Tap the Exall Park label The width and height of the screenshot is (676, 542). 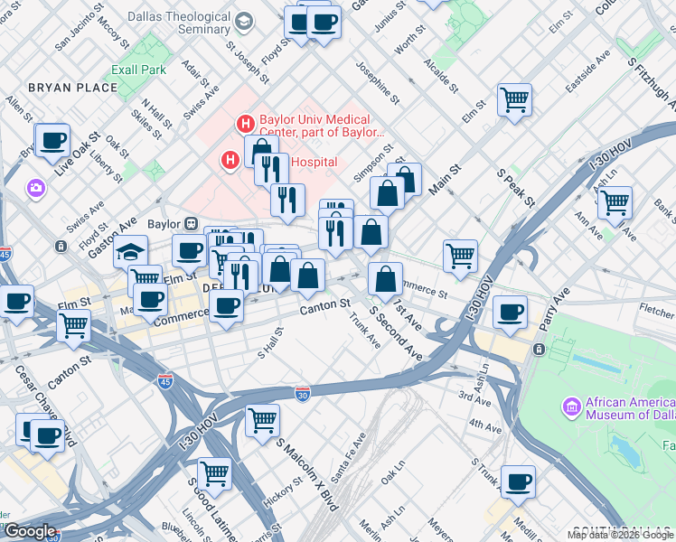pos(138,69)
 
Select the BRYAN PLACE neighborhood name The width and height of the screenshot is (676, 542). pos(73,88)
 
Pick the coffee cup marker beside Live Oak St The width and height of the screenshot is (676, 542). pos(53,140)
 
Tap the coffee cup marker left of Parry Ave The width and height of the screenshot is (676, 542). pos(511,312)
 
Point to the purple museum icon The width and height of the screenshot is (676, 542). pos(571,407)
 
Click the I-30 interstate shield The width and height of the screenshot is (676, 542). pos(304,393)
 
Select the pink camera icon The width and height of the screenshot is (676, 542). pos(37,187)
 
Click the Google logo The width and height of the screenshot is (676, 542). pos(30,531)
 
